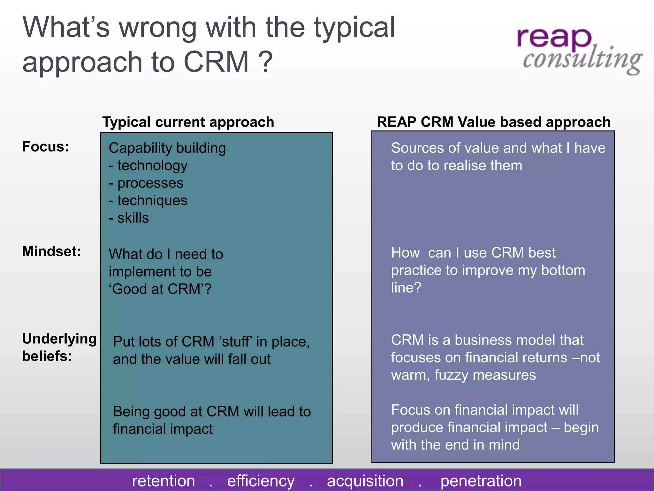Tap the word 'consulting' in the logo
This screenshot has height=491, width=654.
click(582, 60)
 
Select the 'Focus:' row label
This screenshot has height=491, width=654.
click(45, 147)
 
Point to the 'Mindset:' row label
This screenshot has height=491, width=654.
click(51, 251)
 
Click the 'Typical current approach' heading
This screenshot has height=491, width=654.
click(188, 122)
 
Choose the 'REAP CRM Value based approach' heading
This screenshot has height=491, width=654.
click(493, 122)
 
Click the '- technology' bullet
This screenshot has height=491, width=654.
click(148, 166)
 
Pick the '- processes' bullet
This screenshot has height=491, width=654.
click(146, 183)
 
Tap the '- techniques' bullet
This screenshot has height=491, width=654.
click(148, 200)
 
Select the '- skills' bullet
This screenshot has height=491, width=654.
click(129, 218)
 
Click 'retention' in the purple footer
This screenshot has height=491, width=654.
click(163, 481)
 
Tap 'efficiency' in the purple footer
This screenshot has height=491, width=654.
click(261, 481)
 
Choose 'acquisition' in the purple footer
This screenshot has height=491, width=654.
click(365, 481)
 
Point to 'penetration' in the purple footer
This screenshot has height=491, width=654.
click(481, 481)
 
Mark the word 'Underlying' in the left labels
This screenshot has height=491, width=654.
click(59, 339)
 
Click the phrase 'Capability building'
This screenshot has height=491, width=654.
click(167, 148)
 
